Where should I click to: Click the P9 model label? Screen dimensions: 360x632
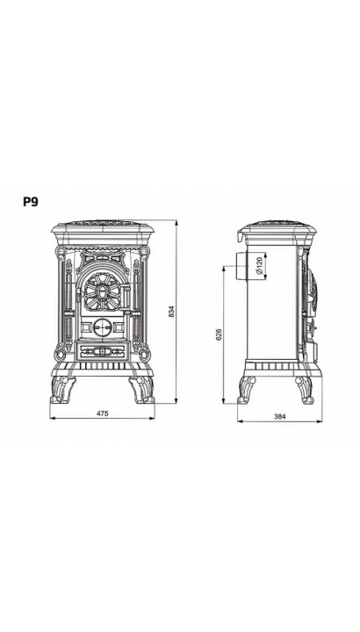click(x=30, y=202)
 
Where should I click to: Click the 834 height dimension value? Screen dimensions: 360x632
click(x=172, y=312)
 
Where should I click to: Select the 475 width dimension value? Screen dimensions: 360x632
click(x=103, y=413)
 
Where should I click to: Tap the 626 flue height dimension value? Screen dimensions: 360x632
click(x=219, y=334)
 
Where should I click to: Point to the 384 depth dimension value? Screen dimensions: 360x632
click(x=280, y=417)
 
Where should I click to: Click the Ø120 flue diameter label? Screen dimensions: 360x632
click(x=259, y=265)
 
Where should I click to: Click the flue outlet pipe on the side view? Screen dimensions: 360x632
click(x=241, y=266)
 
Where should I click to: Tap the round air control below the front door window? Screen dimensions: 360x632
click(x=102, y=327)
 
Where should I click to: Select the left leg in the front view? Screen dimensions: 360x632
click(x=62, y=390)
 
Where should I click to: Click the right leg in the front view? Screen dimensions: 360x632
click(x=142, y=390)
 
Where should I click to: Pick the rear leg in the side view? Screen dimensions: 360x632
click(x=247, y=390)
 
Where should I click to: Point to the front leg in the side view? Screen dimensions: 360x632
click(x=305, y=390)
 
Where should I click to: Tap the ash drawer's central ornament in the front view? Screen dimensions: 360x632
click(x=102, y=351)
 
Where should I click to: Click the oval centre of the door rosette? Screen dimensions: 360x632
click(x=102, y=291)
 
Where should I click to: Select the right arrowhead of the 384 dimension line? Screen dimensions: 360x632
click(x=320, y=421)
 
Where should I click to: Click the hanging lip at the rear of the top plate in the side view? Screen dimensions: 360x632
click(x=241, y=237)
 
